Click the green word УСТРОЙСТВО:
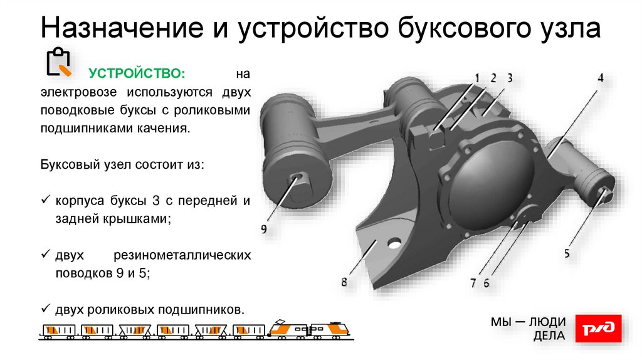pos(137,74)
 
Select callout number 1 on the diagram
pos(476,78)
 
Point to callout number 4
pos(600,78)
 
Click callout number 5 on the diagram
pos(567,253)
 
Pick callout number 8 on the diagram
pos(344,282)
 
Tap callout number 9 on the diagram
pos(264,230)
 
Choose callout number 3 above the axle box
pos(510,78)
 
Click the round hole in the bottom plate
pos(395,241)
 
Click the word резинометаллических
pos(182,256)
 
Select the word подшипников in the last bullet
pos(201,310)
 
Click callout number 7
pos(474,282)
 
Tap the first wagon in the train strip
pos(58,330)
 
